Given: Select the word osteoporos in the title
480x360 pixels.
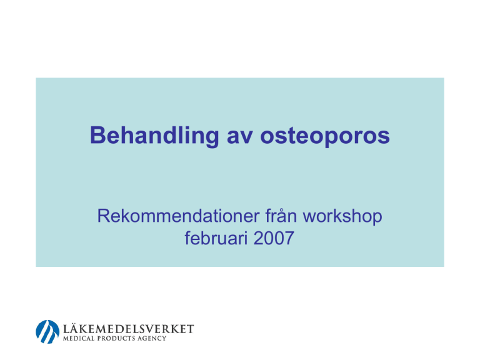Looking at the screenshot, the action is click(x=325, y=136).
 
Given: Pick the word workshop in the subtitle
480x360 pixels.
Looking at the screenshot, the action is click(x=342, y=217).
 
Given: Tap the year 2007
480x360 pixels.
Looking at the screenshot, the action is click(x=274, y=238).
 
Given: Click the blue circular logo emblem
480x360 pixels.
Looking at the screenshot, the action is click(x=47, y=332).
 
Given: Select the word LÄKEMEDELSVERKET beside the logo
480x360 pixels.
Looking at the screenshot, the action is click(x=128, y=329).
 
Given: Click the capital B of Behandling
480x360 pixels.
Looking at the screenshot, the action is click(x=98, y=135).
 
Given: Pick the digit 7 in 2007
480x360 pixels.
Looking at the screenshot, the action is click(x=289, y=239).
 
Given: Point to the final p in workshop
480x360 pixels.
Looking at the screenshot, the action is click(x=377, y=220).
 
